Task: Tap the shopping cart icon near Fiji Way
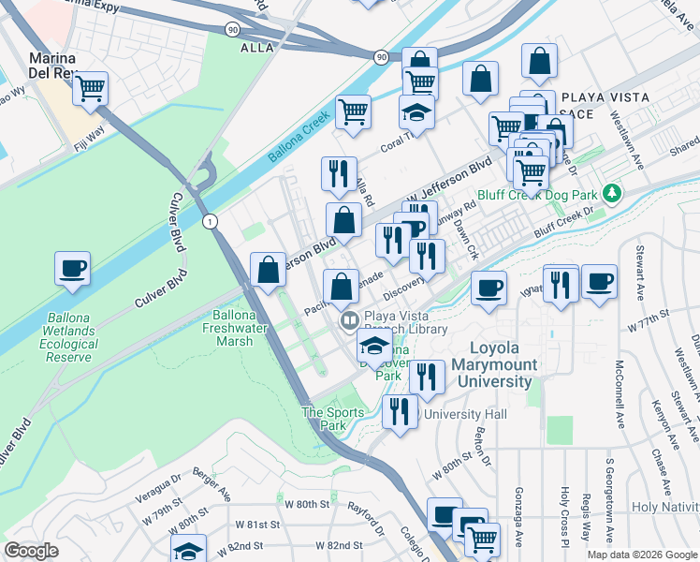click(91, 89)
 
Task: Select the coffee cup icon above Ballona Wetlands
click(73, 269)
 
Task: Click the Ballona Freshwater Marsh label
click(227, 328)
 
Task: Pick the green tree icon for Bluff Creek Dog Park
click(612, 193)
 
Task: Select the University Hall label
click(464, 414)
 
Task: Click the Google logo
click(32, 551)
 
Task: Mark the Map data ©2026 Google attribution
click(641, 555)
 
